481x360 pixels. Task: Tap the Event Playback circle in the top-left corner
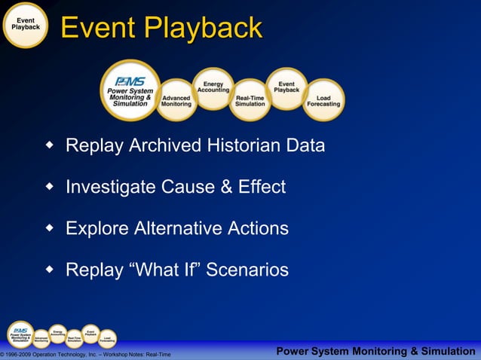pos(26,25)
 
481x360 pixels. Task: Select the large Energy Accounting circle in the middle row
pos(213,88)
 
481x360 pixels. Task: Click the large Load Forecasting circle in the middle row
pos(323,100)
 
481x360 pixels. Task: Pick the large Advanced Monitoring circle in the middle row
pos(176,101)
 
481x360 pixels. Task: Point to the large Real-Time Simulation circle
pos(250,100)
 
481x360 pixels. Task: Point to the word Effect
pos(261,187)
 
